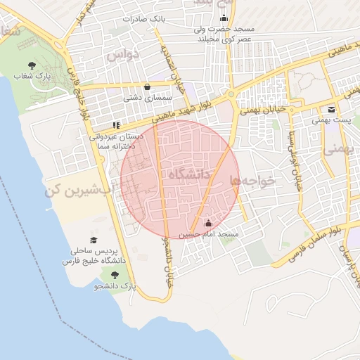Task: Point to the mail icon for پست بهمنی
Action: [x=331, y=109]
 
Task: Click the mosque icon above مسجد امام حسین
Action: [x=208, y=224]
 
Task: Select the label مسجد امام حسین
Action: [x=209, y=234]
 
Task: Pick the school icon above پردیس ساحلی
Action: [x=96, y=240]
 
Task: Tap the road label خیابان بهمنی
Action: [x=262, y=110]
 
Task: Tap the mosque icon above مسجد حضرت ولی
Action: [x=224, y=18]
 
